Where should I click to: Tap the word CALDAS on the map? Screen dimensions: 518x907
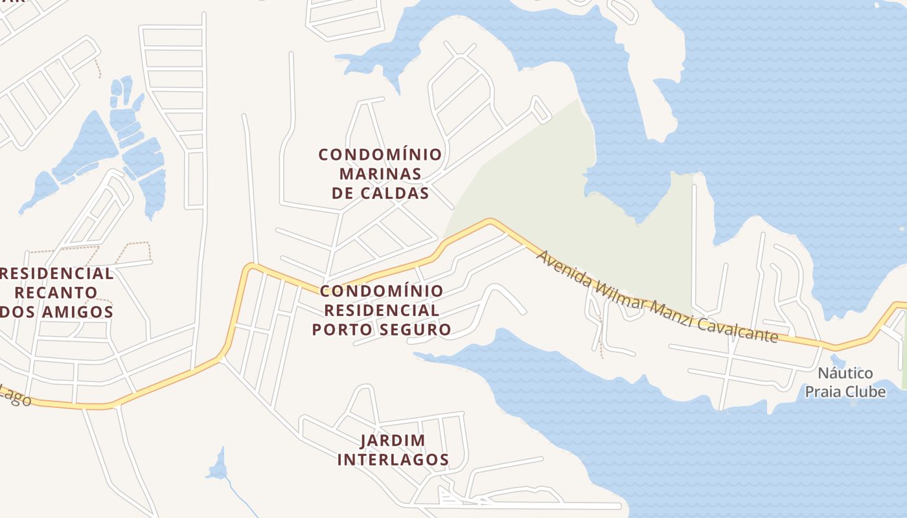coord(397,194)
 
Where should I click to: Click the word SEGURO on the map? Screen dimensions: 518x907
coord(415,330)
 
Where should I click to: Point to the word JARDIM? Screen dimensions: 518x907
coord(393,441)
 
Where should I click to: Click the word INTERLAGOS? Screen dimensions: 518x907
coord(393,460)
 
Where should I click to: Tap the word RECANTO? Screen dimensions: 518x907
coord(56,293)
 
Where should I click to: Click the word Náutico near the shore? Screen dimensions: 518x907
coord(845,374)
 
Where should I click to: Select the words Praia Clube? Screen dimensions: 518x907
coord(845,392)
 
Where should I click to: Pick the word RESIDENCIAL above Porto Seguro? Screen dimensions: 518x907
coord(380,311)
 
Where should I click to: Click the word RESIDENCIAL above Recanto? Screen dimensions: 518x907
coord(57,273)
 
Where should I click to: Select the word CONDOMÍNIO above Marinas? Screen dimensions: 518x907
coord(380,155)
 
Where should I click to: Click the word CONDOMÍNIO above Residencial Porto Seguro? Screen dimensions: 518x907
coord(382,291)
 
